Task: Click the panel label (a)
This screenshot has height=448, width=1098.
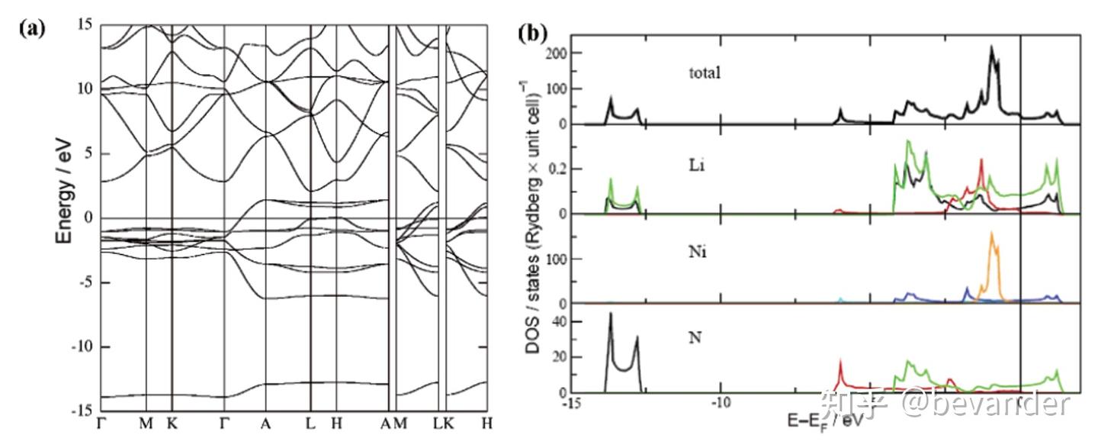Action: click(x=33, y=30)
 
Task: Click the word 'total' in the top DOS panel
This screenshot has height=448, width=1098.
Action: click(x=704, y=73)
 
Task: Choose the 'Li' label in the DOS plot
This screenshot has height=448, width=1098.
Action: click(x=695, y=164)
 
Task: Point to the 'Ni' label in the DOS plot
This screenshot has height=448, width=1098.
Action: click(x=696, y=252)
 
